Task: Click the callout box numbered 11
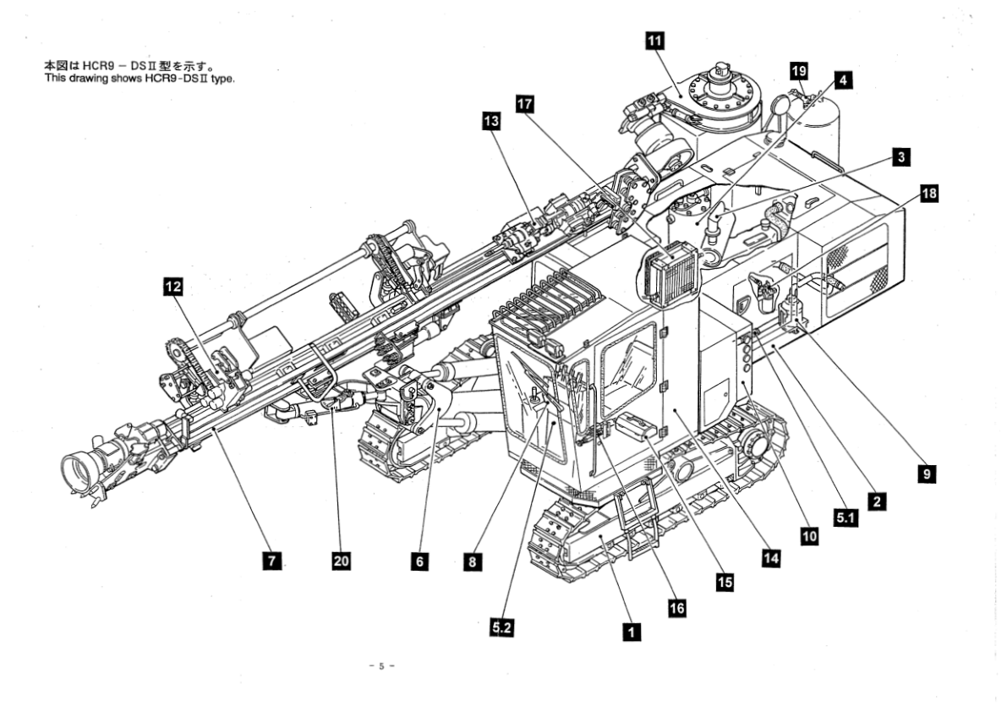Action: point(654,41)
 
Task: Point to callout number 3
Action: point(902,157)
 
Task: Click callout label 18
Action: point(929,194)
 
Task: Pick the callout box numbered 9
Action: point(928,474)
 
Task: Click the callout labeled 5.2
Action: point(502,627)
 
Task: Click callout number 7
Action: point(270,560)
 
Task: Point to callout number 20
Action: point(341,561)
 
